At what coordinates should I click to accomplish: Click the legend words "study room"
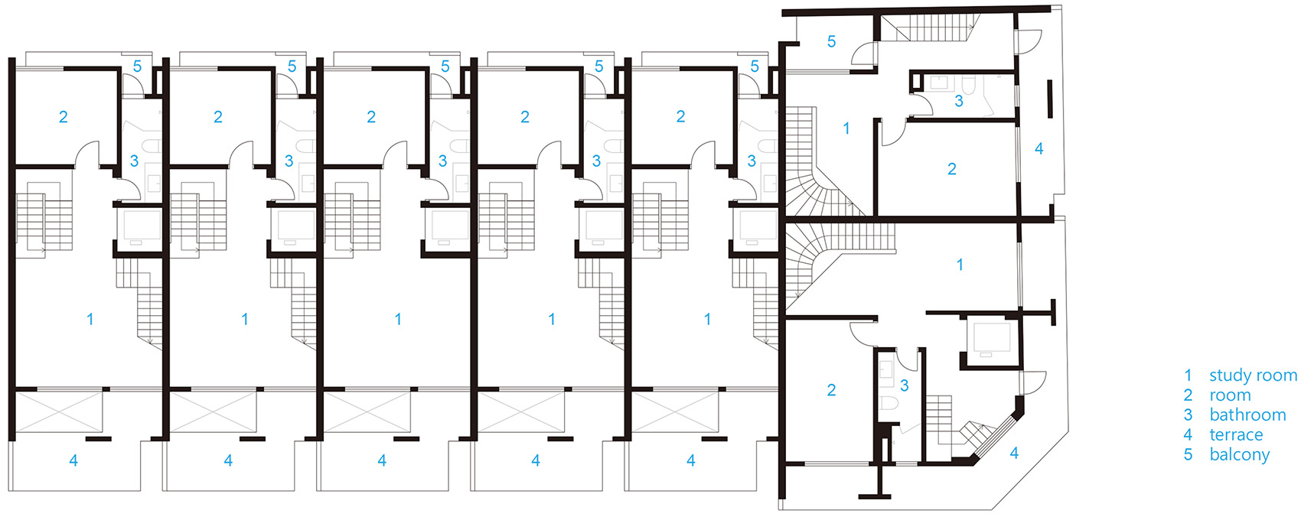1253,376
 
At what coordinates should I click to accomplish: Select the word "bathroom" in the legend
1247,415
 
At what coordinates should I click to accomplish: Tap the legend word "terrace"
1236,434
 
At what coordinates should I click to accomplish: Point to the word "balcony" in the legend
1240,454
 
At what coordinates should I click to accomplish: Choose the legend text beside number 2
1230,395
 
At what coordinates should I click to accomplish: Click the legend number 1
1189,376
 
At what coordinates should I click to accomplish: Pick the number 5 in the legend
1189,454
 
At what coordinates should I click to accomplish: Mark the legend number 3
1189,415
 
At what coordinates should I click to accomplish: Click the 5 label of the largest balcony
831,42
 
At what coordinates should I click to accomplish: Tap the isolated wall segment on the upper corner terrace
1049,99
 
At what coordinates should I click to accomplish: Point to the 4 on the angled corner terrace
1014,454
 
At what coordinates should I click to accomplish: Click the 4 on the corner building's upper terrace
1039,149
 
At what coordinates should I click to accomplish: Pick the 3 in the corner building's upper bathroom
959,101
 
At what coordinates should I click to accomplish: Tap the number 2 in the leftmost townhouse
64,117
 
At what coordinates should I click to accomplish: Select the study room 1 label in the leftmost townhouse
90,319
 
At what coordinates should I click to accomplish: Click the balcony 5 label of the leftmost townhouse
137,66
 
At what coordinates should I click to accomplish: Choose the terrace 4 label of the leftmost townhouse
73,460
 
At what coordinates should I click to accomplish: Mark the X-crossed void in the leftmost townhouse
59,411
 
